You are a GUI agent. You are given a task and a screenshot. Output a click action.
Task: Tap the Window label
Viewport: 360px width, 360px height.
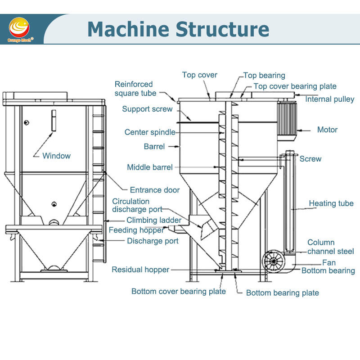pyautogui.click(x=56, y=156)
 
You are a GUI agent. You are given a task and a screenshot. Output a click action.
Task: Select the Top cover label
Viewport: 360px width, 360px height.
pyautogui.click(x=199, y=75)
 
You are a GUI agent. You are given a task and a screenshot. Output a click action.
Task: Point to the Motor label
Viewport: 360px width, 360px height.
pyautogui.click(x=327, y=130)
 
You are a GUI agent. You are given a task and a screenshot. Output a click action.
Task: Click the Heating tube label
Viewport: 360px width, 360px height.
pyautogui.click(x=331, y=203)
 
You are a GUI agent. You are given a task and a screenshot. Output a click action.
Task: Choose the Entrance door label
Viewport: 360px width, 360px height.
pyautogui.click(x=154, y=190)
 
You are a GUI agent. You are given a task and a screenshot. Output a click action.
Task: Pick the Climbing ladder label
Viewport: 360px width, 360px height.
pyautogui.click(x=153, y=220)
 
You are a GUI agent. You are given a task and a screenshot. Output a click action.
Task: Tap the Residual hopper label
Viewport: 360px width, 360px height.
pyautogui.click(x=140, y=270)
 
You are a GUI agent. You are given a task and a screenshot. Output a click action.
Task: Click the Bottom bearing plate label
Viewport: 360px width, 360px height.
pyautogui.click(x=282, y=292)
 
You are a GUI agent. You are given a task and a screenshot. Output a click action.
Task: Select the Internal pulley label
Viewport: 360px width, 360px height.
pyautogui.click(x=329, y=99)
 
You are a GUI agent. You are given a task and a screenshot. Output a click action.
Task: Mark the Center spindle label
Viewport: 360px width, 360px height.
pyautogui.click(x=149, y=132)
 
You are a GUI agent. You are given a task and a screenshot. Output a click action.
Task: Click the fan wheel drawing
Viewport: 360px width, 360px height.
pyautogui.click(x=274, y=261)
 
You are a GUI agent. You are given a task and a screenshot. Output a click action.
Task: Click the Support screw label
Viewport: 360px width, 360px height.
pyautogui.click(x=147, y=109)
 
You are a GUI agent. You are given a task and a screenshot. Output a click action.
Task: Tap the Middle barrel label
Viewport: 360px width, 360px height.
pyautogui.click(x=149, y=167)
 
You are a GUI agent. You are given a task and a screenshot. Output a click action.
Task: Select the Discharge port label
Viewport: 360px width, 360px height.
pyautogui.click(x=153, y=241)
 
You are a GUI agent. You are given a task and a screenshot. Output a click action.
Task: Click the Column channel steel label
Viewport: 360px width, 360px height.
pyautogui.click(x=330, y=247)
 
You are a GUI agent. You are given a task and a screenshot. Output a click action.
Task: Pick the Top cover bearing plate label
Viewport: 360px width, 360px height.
pyautogui.click(x=295, y=86)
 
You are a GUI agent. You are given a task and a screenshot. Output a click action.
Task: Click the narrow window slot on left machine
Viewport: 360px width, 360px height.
pyautogui.click(x=53, y=121)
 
